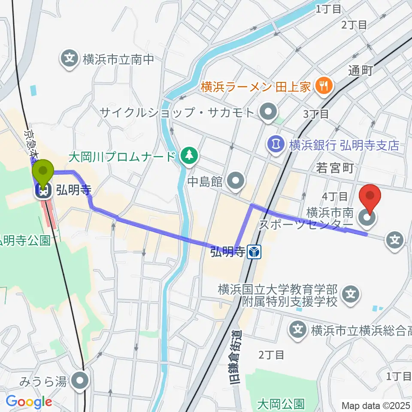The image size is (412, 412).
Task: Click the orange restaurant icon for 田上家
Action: point(321,86)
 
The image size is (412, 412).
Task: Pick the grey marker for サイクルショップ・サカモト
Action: point(269,112)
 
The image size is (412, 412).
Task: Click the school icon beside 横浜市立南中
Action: point(69,58)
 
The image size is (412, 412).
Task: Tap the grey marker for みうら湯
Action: point(80,381)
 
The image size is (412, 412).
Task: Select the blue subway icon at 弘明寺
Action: point(254,252)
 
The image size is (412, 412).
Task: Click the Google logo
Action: point(28,402)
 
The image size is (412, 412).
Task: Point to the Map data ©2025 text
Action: point(376,405)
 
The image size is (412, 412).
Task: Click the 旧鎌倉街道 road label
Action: point(235,357)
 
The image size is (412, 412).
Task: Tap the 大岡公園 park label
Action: point(281,404)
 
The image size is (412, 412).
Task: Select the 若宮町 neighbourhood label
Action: point(336,168)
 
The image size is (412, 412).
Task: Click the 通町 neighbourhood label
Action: point(360,71)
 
